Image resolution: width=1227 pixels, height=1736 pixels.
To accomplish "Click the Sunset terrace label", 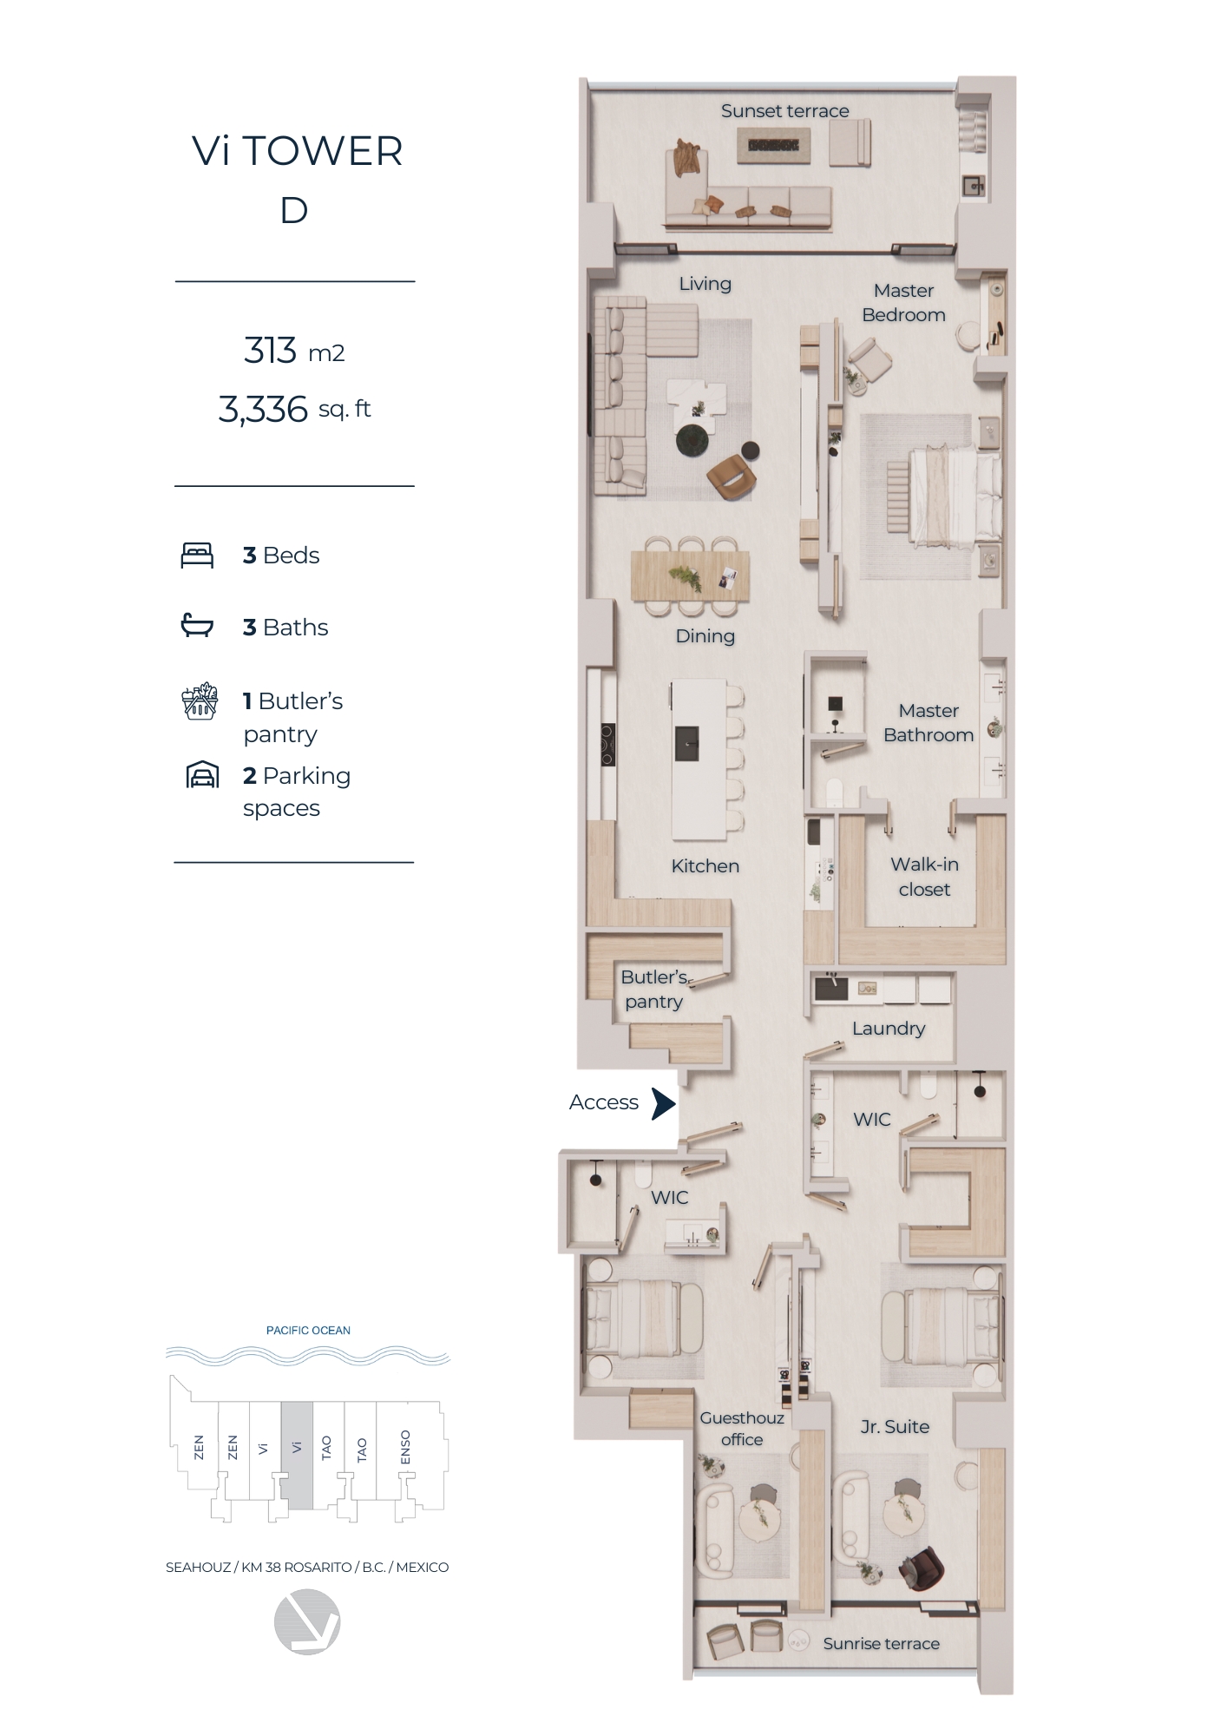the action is pos(784,111).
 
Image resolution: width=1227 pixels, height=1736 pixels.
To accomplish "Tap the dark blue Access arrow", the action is pos(664,1103).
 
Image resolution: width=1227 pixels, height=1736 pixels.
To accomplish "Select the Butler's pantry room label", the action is pos(653,990).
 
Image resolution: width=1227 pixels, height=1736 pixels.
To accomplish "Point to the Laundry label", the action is pos(889,1029).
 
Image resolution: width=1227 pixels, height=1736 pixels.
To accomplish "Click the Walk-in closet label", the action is pos(924,877).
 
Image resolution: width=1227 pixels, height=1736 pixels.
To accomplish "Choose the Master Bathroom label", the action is pos(928,723).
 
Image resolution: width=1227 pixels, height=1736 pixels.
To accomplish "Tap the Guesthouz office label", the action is pos(742,1428).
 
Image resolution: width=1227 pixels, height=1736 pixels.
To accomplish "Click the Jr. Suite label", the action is pos(895,1427).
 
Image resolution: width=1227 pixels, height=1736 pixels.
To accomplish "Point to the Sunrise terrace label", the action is pos(881,1643).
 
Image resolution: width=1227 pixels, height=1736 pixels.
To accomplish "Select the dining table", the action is pos(690,575).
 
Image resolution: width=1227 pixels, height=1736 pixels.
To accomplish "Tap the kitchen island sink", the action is pos(686,743).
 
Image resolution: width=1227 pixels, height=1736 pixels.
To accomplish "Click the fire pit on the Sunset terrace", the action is pos(774,145).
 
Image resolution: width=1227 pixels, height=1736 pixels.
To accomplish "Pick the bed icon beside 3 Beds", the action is pos(197,556).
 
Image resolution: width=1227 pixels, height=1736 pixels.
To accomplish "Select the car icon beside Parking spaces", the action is pos(202,774).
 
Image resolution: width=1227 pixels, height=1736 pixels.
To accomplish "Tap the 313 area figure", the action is pos(270,351).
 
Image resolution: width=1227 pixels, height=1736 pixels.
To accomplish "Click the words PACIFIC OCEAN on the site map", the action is pos(308,1331).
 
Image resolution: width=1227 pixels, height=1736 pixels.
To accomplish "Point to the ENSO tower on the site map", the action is pos(405,1447).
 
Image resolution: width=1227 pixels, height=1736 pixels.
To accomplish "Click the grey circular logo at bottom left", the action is pos(307,1621).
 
